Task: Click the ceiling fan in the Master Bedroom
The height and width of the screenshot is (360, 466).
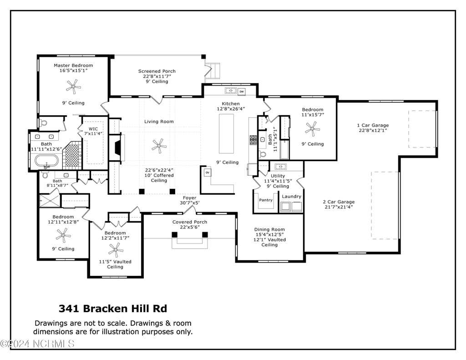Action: pyautogui.click(x=73, y=86)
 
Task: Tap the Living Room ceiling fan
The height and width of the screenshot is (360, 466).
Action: pyautogui.click(x=159, y=146)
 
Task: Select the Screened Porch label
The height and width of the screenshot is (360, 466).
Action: pyautogui.click(x=157, y=71)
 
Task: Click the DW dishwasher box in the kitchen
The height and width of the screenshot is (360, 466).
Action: pyautogui.click(x=242, y=91)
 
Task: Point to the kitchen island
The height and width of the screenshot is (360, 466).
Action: pyautogui.click(x=227, y=133)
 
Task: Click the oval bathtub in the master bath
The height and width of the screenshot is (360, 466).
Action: pyautogui.click(x=47, y=161)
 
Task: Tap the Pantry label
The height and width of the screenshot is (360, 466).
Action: pyautogui.click(x=266, y=200)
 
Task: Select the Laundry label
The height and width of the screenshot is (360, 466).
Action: pyautogui.click(x=292, y=197)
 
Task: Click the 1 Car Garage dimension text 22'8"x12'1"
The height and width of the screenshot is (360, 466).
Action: pyautogui.click(x=373, y=130)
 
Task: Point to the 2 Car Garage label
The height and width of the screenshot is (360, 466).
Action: pyautogui.click(x=339, y=202)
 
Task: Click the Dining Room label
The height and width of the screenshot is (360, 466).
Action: pyautogui.click(x=269, y=229)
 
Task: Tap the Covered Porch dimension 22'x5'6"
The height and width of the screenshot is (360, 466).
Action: pyautogui.click(x=190, y=227)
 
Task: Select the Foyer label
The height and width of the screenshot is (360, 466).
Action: pyautogui.click(x=190, y=198)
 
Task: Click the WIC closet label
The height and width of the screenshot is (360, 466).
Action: pyautogui.click(x=93, y=129)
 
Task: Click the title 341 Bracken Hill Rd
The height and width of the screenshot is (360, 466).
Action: pyautogui.click(x=113, y=309)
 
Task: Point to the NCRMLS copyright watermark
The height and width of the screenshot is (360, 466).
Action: pyautogui.click(x=37, y=344)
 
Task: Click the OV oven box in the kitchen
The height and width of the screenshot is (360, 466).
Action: pyautogui.click(x=208, y=172)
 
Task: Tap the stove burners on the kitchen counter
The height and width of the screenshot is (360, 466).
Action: pyautogui.click(x=253, y=140)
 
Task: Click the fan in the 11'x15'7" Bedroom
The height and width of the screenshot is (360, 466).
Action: pyautogui.click(x=312, y=129)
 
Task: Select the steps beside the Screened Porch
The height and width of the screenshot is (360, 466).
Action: pyautogui.click(x=213, y=71)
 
